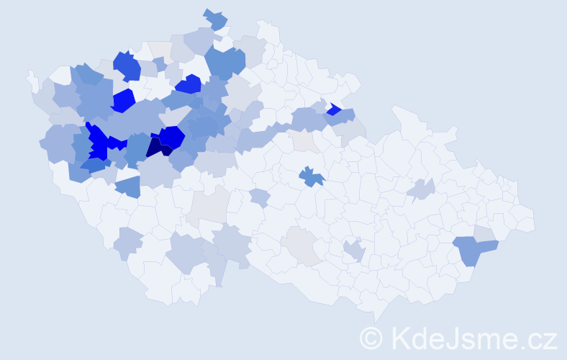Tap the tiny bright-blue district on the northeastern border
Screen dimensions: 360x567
pos(333,109)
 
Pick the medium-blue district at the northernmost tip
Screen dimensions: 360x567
pos(215,19)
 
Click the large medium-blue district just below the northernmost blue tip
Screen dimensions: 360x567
pos(224,63)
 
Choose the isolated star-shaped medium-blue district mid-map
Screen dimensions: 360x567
pos(312,176)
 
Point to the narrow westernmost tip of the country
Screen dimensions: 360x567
pos(30,76)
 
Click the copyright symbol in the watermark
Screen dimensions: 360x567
pos(371,337)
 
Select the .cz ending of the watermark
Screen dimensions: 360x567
pos(538,337)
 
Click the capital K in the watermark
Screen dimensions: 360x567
pos(399,337)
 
